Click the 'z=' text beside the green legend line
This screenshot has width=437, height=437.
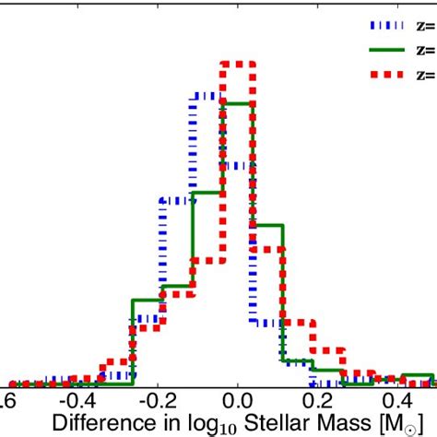click(x=425, y=50)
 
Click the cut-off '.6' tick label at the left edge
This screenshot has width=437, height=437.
click(x=9, y=403)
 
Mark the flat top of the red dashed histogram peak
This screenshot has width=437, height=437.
click(x=237, y=64)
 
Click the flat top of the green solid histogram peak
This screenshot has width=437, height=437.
click(x=237, y=103)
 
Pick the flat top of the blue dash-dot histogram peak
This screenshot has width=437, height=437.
click(x=207, y=93)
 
